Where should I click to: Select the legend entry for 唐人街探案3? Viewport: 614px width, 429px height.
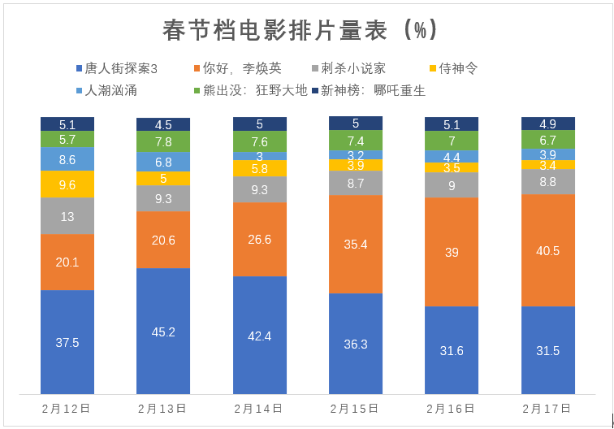121,69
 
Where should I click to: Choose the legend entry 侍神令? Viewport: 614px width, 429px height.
457,69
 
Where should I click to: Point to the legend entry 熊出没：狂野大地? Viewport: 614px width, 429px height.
252,90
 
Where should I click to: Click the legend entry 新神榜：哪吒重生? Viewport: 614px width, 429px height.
373,90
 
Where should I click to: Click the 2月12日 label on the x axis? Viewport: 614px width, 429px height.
67,408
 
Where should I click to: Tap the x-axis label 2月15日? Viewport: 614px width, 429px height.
356,408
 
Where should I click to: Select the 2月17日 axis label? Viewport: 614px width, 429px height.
547,408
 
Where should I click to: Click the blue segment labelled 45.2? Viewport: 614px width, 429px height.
163,331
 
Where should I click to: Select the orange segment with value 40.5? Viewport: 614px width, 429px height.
547,250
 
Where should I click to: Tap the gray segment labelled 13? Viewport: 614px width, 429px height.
67,216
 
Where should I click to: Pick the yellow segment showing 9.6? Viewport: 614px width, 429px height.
67,184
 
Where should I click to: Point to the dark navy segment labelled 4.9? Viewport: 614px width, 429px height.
547,123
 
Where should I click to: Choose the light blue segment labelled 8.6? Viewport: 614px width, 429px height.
67,159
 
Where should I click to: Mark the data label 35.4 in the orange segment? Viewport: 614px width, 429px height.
356,244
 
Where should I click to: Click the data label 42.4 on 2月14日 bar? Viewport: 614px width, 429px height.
260,336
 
